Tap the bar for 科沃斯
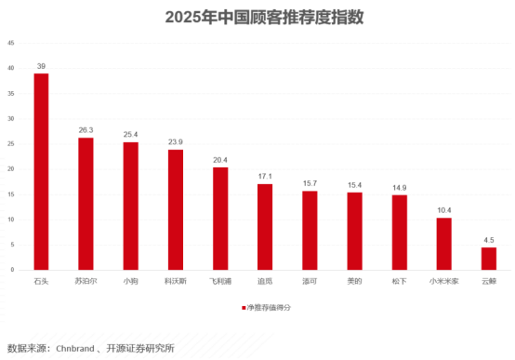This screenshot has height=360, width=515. [175, 209]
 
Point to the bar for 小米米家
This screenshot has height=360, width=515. [444, 244]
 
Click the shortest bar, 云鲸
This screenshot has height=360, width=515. [489, 259]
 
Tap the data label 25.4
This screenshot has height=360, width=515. [130, 135]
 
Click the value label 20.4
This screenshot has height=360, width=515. [220, 160]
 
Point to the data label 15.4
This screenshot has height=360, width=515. [355, 185]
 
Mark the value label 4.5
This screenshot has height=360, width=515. [489, 240]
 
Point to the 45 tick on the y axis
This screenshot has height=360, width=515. [10, 43]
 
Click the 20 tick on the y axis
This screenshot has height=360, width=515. [10, 169]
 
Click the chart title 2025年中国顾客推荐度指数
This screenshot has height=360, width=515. [257, 16]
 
